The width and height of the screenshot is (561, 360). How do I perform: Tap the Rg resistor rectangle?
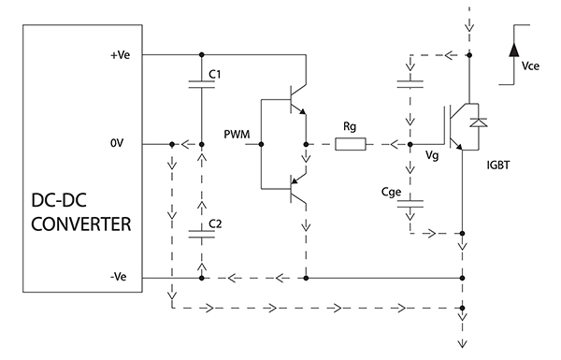pos(354,145)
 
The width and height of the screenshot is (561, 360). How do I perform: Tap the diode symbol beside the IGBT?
pos(480,122)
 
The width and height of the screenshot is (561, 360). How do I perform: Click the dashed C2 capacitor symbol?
pos(201,233)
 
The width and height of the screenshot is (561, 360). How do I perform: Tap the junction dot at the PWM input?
pos(261,145)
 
